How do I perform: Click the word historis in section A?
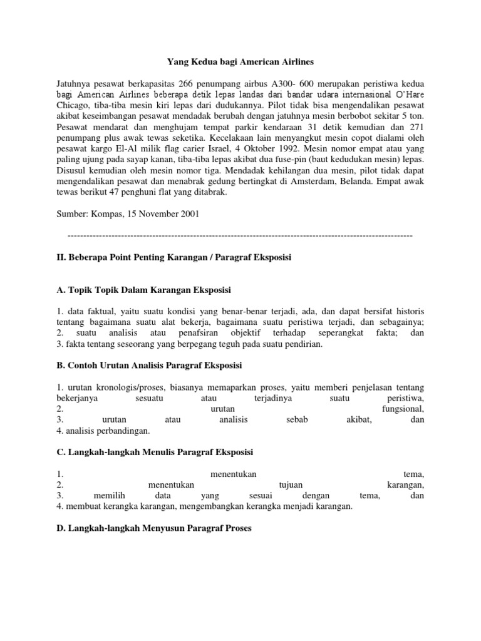pos(407,311)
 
